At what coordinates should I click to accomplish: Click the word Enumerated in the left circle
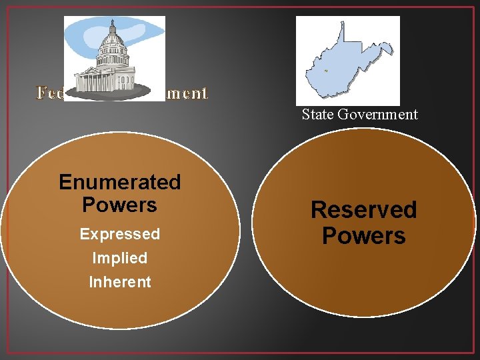tap(119, 182)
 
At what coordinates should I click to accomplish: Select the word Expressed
tap(120, 234)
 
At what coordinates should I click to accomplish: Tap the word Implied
tap(120, 258)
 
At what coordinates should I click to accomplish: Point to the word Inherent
tap(120, 282)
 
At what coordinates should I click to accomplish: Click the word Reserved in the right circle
tap(363, 210)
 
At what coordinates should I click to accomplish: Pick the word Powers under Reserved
tap(363, 236)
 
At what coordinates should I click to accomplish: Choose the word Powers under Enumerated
tap(119, 205)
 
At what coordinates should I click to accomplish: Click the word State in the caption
tap(318, 115)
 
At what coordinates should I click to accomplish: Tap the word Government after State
tap(377, 115)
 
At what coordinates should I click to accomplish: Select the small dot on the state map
tap(326, 70)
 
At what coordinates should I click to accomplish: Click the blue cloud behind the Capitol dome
tap(143, 30)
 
